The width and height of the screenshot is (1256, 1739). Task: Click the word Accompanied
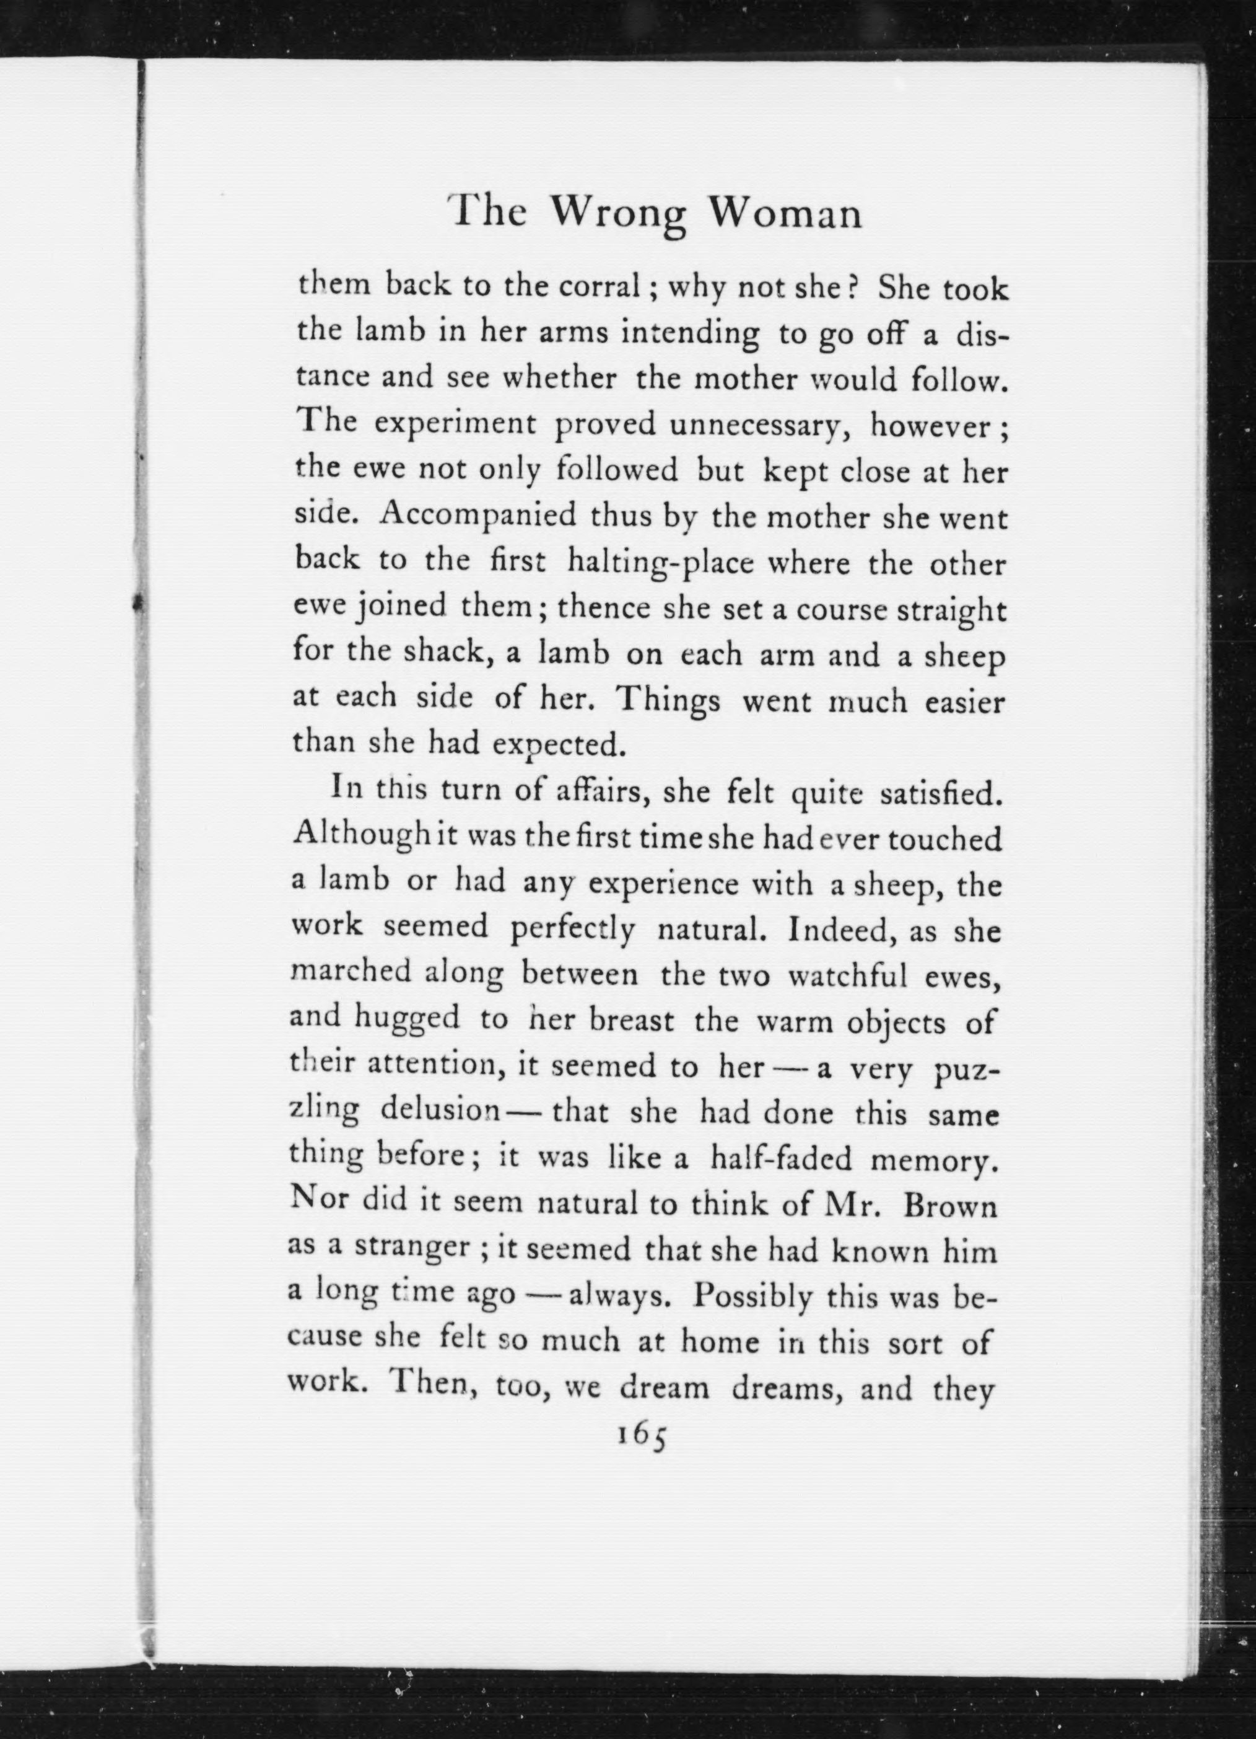click(x=478, y=515)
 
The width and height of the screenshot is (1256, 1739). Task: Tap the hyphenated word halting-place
click(x=661, y=563)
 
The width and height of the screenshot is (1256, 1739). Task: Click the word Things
click(x=668, y=701)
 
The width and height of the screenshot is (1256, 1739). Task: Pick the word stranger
click(x=411, y=1250)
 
